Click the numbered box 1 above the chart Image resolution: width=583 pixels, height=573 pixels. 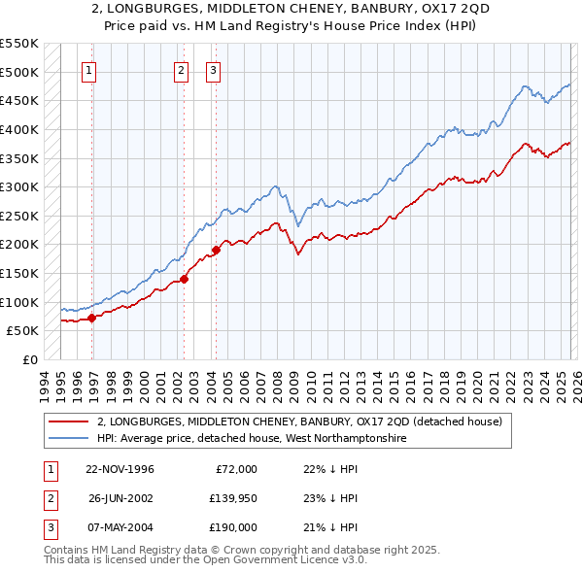[x=88, y=69]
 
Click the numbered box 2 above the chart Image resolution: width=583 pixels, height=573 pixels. [x=182, y=69]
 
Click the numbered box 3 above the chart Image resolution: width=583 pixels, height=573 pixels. [x=213, y=69]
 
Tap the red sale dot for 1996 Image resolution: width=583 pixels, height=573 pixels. [x=92, y=317]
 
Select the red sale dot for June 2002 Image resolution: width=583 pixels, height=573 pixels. [x=184, y=279]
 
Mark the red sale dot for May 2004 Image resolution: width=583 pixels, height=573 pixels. [x=216, y=250]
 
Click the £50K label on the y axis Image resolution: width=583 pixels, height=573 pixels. [x=22, y=331]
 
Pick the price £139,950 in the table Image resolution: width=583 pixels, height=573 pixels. [x=230, y=498]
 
